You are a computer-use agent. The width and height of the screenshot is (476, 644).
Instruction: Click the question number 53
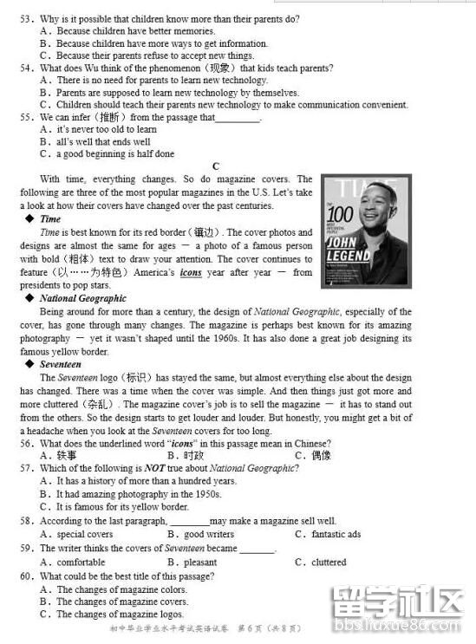pos(26,18)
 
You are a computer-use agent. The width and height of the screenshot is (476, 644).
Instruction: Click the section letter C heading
pos(216,166)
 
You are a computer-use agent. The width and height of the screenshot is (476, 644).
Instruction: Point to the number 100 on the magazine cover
pos(341,217)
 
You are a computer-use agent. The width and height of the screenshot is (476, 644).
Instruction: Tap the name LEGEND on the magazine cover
pos(349,257)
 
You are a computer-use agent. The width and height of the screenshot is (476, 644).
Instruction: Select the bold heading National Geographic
pos(82,298)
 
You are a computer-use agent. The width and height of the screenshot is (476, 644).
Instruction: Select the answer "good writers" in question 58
pos(208,534)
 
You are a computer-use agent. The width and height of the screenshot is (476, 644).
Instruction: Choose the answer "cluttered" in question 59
pos(329,562)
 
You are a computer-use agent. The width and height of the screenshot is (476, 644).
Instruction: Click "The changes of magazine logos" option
pos(121,614)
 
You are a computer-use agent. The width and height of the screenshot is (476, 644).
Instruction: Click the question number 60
pos(26,576)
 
